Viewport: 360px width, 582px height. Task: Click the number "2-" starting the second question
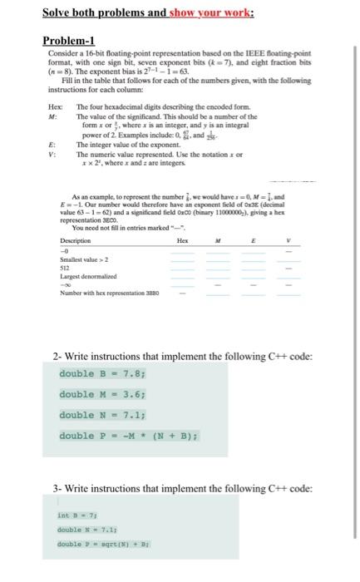[56, 356]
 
